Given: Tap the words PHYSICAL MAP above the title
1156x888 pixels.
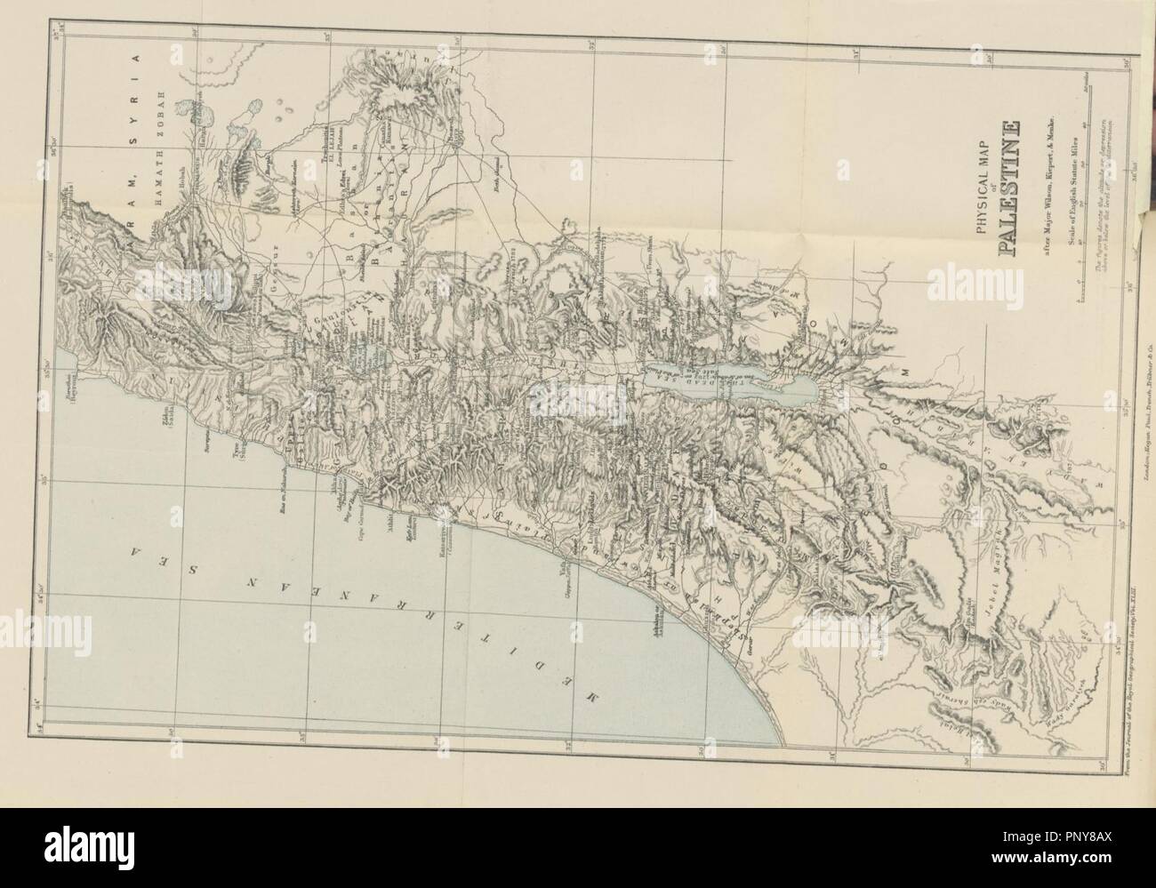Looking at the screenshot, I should click(x=982, y=187).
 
